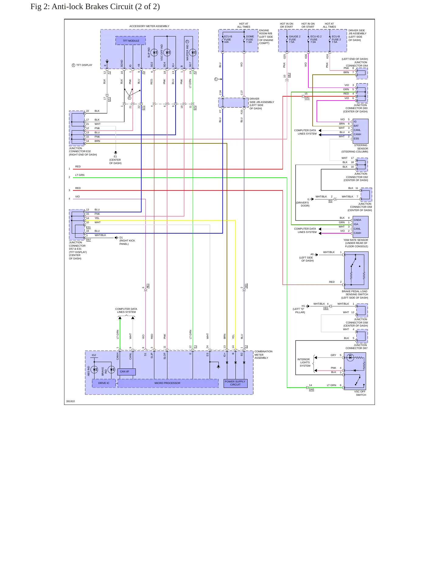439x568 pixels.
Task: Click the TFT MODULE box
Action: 131,41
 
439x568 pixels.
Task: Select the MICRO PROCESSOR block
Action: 168,383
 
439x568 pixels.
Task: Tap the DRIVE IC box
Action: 104,383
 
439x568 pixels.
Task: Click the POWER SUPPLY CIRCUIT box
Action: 235,383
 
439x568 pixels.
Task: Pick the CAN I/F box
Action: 126,372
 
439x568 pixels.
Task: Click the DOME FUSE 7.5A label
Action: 250,39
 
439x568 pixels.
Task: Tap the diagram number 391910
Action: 70,401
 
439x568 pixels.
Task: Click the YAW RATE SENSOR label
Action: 356,240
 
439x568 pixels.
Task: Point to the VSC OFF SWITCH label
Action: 361,393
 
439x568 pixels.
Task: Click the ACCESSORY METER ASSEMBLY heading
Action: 149,26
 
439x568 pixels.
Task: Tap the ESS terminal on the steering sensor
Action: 356,139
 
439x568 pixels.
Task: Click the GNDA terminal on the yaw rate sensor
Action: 357,220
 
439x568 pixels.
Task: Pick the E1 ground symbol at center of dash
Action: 115,152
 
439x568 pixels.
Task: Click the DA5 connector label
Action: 311,389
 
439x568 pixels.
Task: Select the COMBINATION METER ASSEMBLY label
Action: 263,355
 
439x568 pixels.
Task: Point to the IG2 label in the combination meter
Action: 94,355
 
